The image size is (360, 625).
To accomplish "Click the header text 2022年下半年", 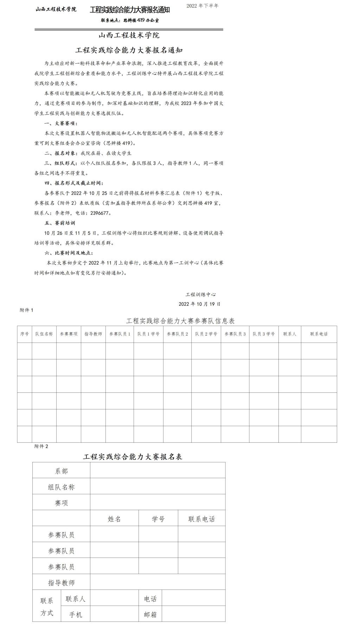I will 202,6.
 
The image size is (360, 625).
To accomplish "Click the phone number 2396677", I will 101,213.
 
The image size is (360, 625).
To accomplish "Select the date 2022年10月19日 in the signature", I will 199,304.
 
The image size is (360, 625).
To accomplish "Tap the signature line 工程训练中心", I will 201,294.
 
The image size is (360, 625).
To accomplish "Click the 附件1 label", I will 26,310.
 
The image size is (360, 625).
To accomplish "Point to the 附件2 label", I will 41,446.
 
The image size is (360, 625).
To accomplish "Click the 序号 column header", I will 25,334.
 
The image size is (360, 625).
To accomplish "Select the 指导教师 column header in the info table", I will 93,334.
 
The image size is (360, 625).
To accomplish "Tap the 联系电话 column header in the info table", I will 319,334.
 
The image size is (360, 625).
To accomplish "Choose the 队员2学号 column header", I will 206,334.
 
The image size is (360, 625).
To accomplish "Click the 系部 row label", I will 61,471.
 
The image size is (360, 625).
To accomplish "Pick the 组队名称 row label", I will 61,487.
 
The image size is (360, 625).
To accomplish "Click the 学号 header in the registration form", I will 158,519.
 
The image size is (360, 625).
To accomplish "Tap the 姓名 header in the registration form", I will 114,519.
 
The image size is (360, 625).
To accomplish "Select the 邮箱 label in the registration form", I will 150,614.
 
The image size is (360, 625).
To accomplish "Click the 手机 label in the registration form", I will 76,614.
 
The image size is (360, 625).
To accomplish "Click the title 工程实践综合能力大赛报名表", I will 133,457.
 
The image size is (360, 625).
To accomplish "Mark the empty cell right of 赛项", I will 157,503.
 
